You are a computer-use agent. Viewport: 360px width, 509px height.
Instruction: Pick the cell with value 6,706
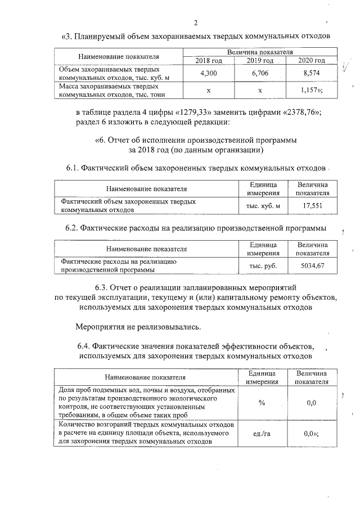[x=260, y=74]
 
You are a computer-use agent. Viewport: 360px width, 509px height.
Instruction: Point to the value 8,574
[x=311, y=74]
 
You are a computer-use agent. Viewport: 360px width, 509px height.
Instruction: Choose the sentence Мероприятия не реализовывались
[x=138, y=326]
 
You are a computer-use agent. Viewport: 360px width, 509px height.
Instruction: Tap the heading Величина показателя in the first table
[x=259, y=52]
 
